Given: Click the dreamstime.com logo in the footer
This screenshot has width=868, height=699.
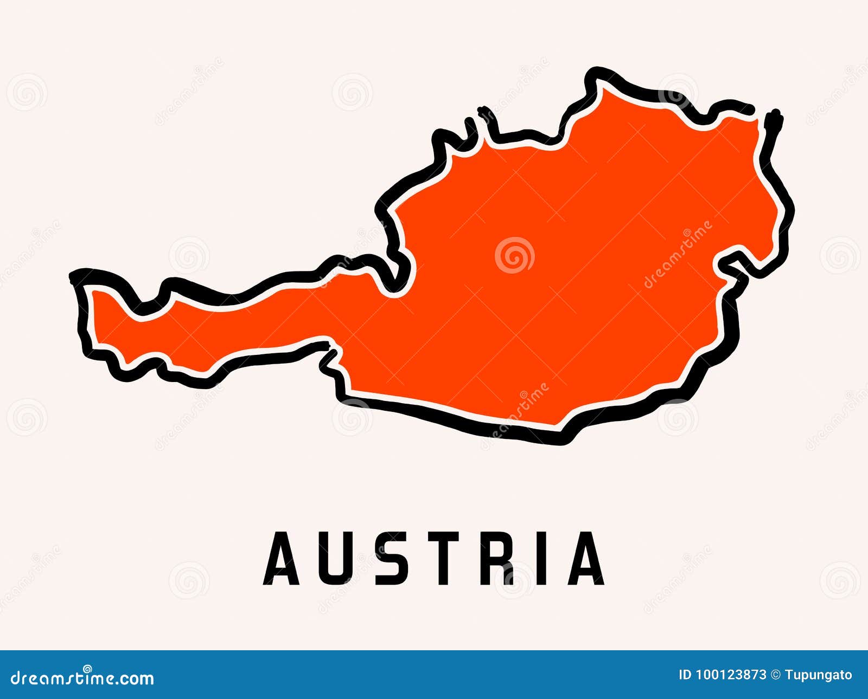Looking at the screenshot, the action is (x=82, y=677).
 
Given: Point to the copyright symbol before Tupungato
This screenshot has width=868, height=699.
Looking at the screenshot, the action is (x=775, y=675).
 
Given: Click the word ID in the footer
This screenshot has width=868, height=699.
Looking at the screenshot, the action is (x=685, y=675).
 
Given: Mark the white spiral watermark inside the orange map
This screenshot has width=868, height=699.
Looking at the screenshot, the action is (x=514, y=255).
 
